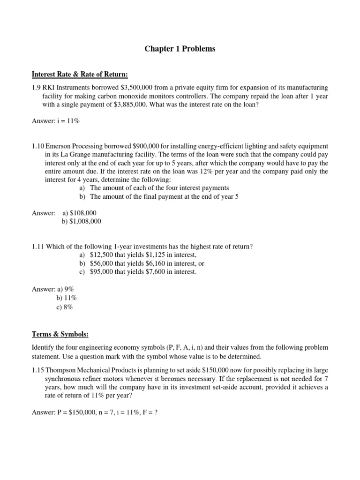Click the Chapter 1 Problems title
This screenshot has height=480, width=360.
(180, 49)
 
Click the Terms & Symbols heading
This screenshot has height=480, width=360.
(60, 334)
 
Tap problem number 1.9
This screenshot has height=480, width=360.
(37, 88)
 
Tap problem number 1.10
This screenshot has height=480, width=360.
(39, 146)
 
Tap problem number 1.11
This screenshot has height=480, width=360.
(39, 247)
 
